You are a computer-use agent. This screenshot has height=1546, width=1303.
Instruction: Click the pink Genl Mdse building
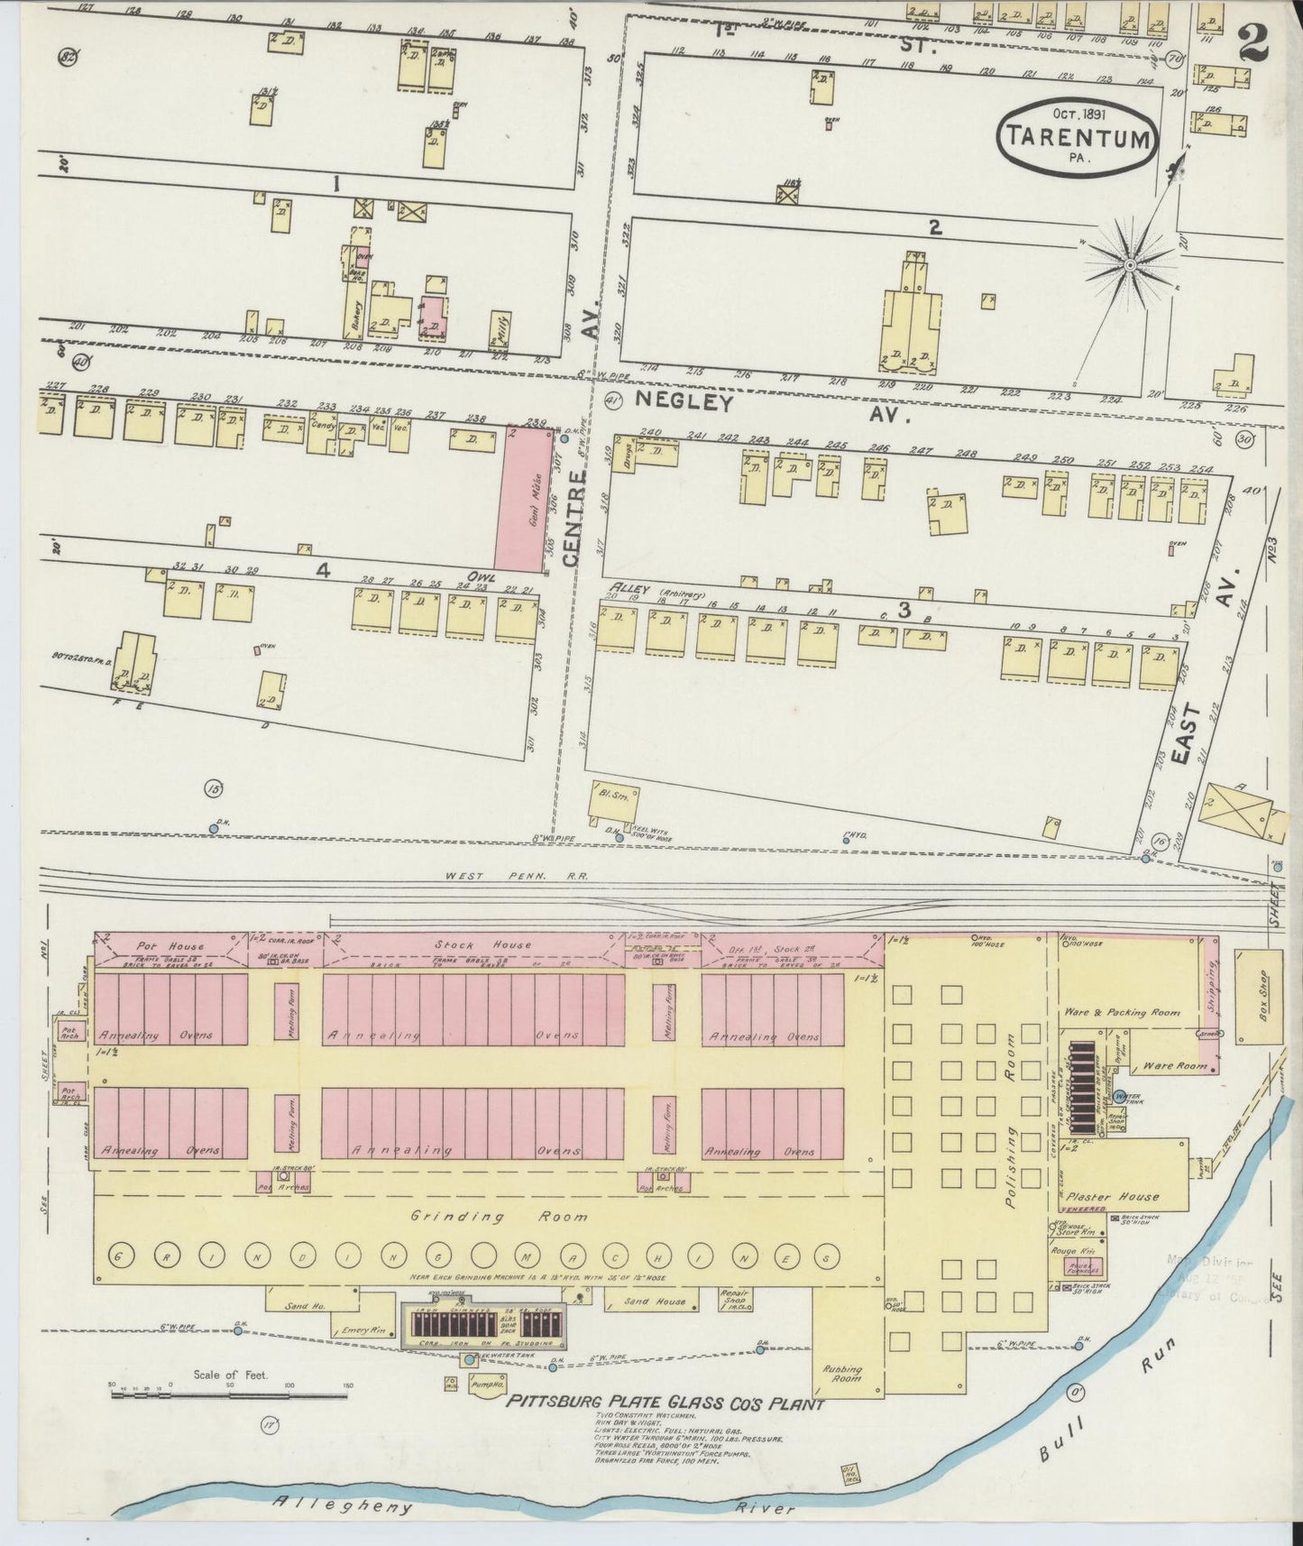tap(525, 500)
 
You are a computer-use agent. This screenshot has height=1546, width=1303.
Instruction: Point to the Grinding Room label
tap(499, 1217)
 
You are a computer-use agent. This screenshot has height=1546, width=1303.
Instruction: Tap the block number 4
tap(323, 570)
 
